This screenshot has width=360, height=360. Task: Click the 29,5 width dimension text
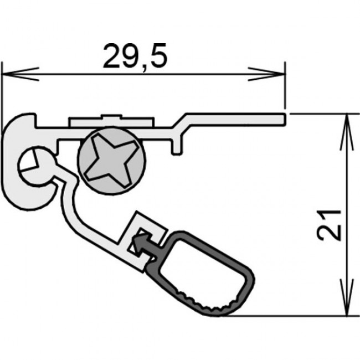pyautogui.click(x=135, y=56)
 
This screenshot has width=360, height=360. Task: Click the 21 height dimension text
pyautogui.click(x=328, y=225)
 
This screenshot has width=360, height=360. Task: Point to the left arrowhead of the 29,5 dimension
pyautogui.click(x=20, y=74)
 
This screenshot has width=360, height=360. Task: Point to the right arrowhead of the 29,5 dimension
pyautogui.click(x=266, y=74)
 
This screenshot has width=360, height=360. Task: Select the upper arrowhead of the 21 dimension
pyautogui.click(x=347, y=132)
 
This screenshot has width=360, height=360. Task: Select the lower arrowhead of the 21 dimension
pyautogui.click(x=347, y=297)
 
